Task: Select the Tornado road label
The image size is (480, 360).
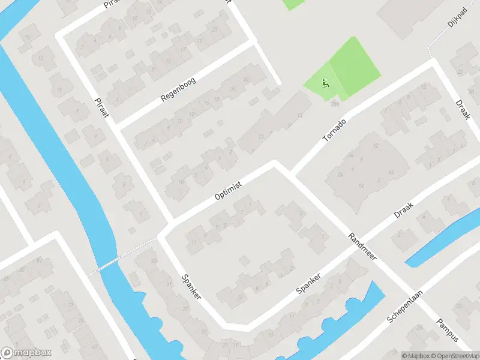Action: coord(334,130)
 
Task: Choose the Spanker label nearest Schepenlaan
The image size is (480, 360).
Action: coord(310,283)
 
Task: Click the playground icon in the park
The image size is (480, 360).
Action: coord(326,84)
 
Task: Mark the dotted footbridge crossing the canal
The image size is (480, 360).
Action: coord(107,265)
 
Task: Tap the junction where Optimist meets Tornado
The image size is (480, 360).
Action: coord(277,163)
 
